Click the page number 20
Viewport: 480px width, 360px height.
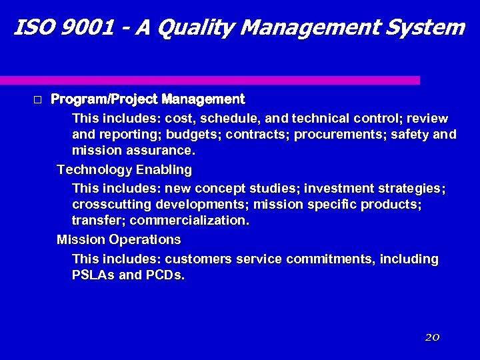pyautogui.click(x=432, y=337)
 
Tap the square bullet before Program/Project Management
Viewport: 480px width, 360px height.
pyautogui.click(x=37, y=100)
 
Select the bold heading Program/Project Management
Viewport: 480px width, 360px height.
pyautogui.click(x=148, y=99)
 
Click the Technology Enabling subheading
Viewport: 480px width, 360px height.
pyautogui.click(x=124, y=169)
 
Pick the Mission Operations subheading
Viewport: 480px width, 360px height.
pyautogui.click(x=119, y=239)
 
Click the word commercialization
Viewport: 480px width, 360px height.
pyautogui.click(x=189, y=220)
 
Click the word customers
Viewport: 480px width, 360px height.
pyautogui.click(x=197, y=259)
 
